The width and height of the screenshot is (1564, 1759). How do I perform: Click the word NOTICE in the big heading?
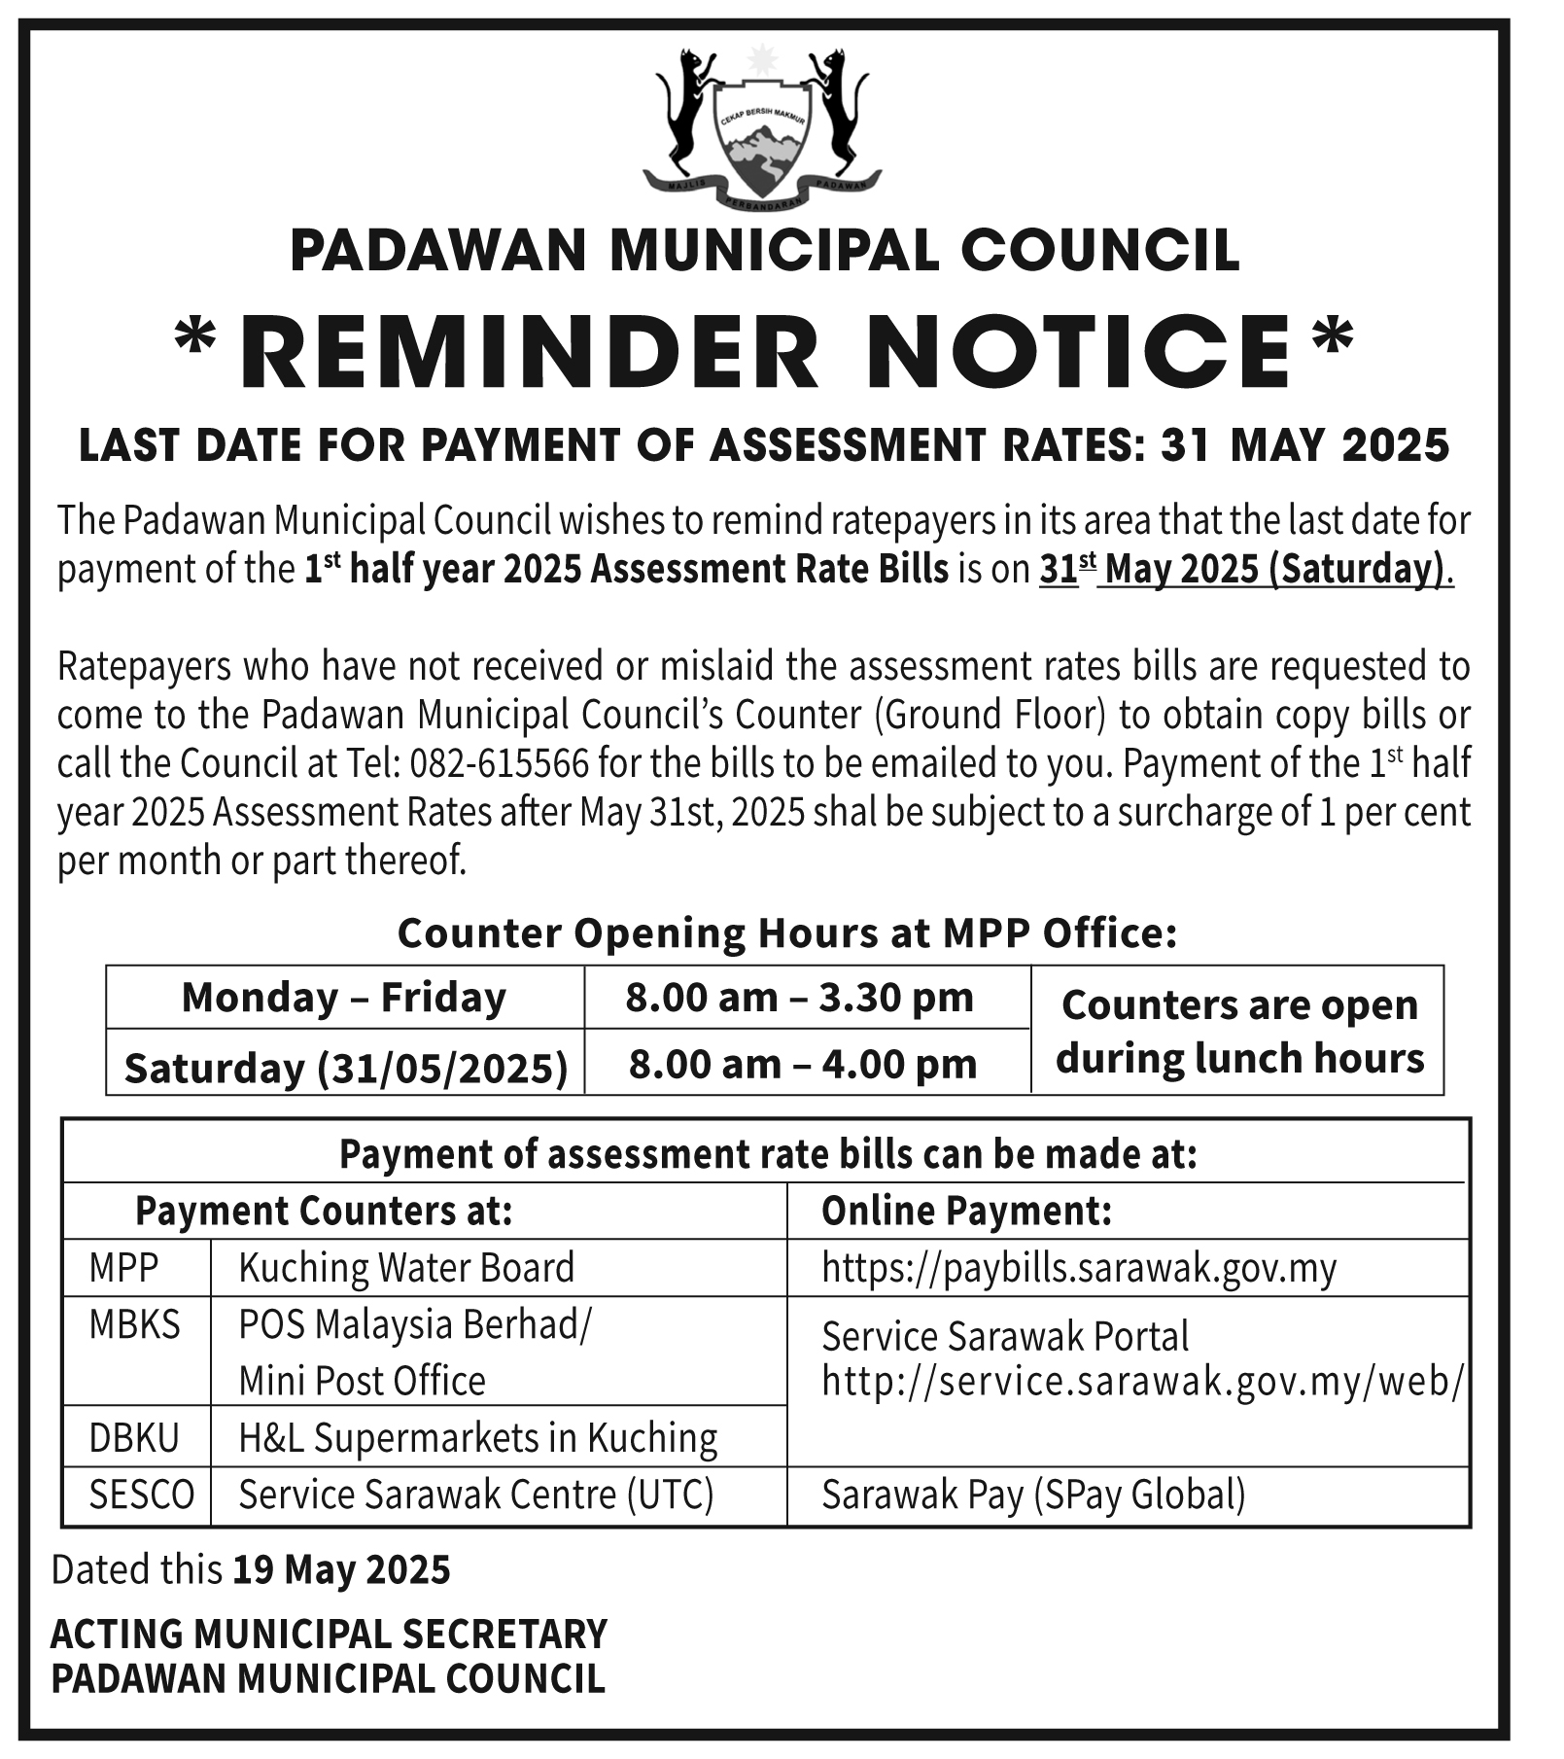pyautogui.click(x=1085, y=351)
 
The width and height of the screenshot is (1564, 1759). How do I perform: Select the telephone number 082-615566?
pyautogui.click(x=499, y=764)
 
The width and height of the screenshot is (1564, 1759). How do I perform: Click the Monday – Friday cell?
pyautogui.click(x=344, y=998)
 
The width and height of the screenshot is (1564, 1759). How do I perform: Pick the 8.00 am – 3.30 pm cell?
pyautogui.click(x=799, y=998)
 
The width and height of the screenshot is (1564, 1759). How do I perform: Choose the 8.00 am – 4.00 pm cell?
pyautogui.click(x=802, y=1064)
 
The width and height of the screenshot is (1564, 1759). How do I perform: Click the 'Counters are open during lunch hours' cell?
pyautogui.click(x=1238, y=1031)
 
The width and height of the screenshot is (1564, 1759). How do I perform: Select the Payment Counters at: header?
pyautogui.click(x=324, y=1211)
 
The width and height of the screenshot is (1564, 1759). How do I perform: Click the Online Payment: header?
pyautogui.click(x=966, y=1211)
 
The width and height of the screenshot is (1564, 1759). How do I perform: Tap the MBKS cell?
pyautogui.click(x=134, y=1324)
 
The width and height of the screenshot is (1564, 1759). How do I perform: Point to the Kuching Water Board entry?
pyautogui.click(x=406, y=1268)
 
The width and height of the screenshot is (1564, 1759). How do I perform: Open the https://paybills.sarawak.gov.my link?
pyautogui.click(x=1079, y=1268)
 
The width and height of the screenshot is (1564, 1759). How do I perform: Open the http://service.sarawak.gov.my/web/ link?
pyautogui.click(x=1141, y=1381)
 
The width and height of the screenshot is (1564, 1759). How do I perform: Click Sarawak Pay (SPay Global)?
pyautogui.click(x=1033, y=1495)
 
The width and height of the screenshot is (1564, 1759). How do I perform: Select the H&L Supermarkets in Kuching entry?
pyautogui.click(x=478, y=1437)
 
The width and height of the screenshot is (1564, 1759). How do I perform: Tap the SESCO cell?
pyautogui.click(x=142, y=1495)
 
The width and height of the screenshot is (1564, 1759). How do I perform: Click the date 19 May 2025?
pyautogui.click(x=341, y=1569)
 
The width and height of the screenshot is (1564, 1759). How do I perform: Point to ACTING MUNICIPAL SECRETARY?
pyautogui.click(x=329, y=1634)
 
